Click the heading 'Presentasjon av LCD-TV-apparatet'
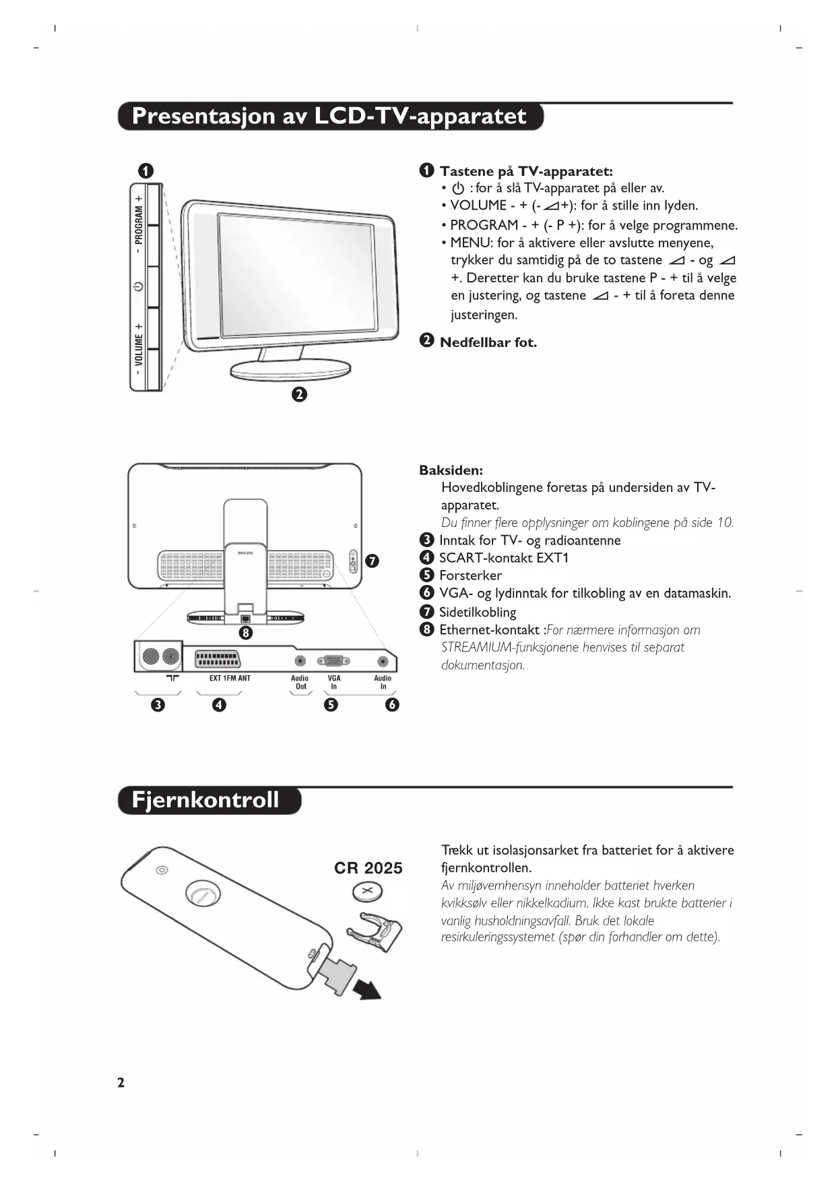click(329, 116)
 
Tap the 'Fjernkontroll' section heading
click(205, 800)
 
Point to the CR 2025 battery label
click(368, 868)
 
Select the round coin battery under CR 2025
click(367, 894)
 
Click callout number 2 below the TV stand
click(299, 394)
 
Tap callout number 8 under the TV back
click(246, 633)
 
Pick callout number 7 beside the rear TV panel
click(372, 561)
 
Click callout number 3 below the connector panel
click(158, 705)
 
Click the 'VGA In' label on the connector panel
click(334, 682)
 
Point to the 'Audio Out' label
click(300, 682)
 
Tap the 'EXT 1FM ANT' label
click(230, 679)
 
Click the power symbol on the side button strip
click(138, 286)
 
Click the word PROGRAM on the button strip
click(139, 225)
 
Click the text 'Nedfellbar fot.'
click(488, 342)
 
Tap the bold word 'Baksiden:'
click(451, 470)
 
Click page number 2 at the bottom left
click(121, 1083)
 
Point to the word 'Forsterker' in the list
click(470, 576)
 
